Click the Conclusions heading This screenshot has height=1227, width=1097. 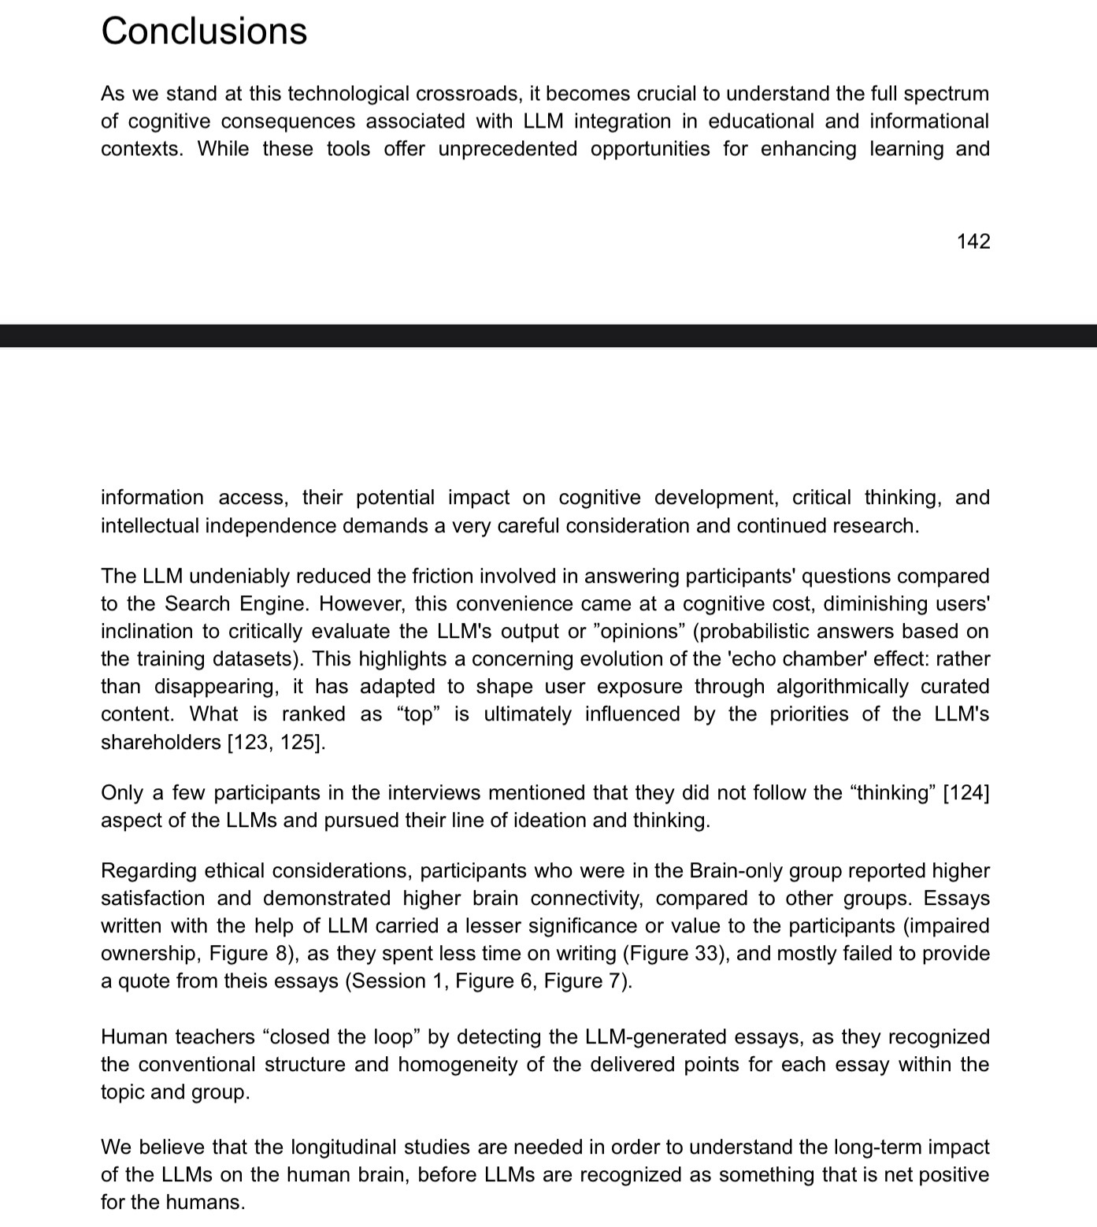tap(204, 32)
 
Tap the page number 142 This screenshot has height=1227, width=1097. tap(973, 241)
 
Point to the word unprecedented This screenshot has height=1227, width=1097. tap(507, 149)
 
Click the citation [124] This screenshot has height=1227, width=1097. tap(965, 792)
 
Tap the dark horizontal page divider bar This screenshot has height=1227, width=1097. tap(548, 335)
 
